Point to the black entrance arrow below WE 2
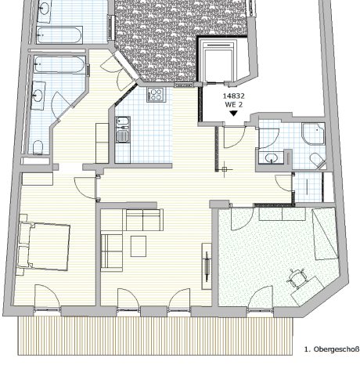[232, 114]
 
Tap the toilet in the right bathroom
[318, 161]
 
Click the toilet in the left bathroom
[36, 148]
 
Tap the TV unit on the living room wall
[207, 263]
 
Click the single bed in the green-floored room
[326, 235]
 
